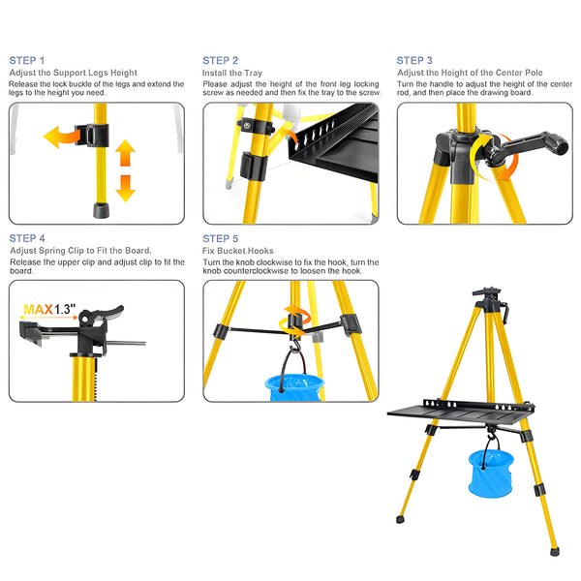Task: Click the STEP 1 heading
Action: tap(27, 60)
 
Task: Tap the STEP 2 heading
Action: tap(220, 60)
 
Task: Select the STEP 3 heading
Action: tap(414, 60)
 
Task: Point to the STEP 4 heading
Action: tap(27, 238)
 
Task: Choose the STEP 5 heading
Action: tap(220, 238)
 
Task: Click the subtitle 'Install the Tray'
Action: tap(232, 73)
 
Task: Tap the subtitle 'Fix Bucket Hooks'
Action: tap(238, 251)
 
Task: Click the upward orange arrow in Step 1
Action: tap(125, 153)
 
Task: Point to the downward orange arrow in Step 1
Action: tap(125, 188)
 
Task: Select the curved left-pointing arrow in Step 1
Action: tap(61, 137)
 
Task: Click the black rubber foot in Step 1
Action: tap(101, 210)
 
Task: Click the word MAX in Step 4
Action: tap(38, 310)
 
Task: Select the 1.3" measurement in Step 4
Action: tap(65, 309)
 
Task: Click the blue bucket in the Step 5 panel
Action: tap(294, 388)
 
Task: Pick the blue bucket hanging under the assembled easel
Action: tap(491, 474)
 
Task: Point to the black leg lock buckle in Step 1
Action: tap(92, 136)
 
